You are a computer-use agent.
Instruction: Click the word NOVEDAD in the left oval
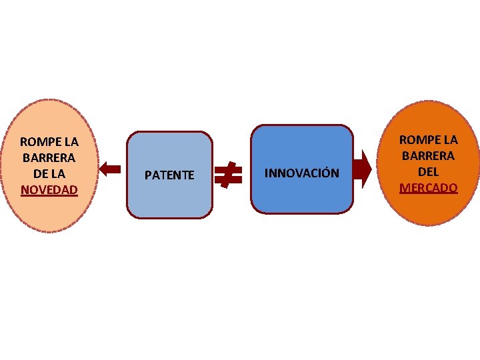pos(49,190)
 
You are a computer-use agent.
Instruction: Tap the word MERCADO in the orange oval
pos(429,188)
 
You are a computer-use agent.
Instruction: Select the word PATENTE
pos(169,175)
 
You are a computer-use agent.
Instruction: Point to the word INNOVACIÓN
pos(301,173)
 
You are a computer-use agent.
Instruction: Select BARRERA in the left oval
pos(49,158)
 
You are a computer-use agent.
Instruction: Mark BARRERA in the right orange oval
pos(429,156)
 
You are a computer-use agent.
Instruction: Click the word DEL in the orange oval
pos(429,172)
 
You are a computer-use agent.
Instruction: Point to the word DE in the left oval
pos(41,174)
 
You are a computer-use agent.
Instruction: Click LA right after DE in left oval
pos(59,174)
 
